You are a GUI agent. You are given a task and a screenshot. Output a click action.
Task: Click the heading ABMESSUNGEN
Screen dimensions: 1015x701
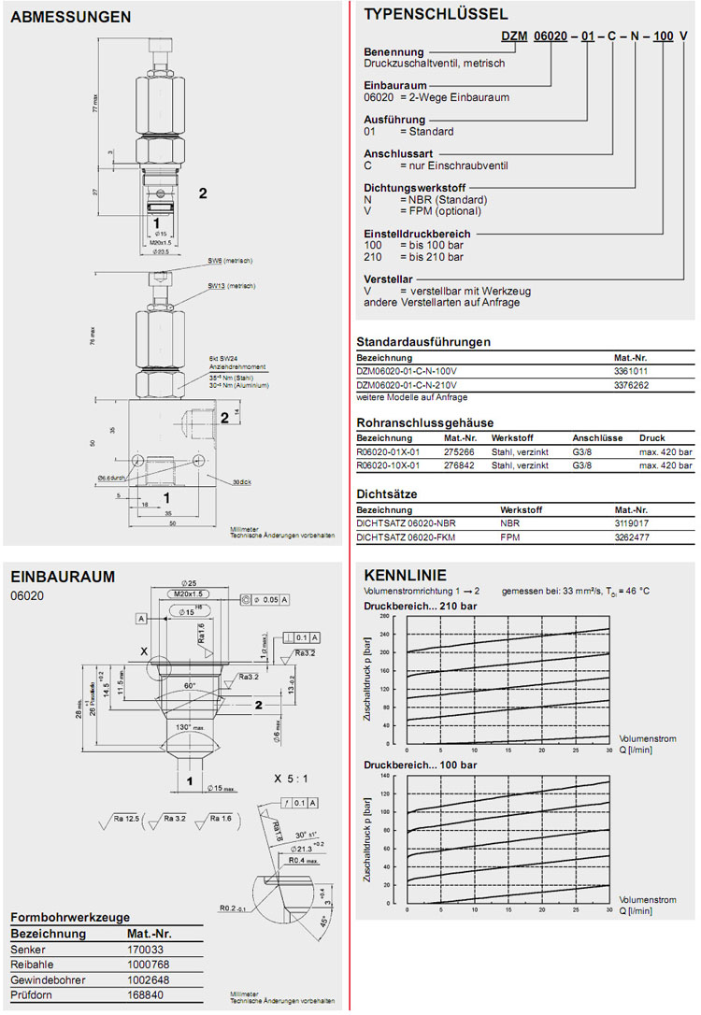(71, 17)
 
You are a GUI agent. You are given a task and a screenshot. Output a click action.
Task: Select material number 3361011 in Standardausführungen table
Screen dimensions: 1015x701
(632, 371)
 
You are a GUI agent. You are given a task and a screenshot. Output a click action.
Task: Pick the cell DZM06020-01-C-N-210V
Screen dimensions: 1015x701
(414, 384)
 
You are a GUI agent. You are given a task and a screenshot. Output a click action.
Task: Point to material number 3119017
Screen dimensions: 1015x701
(632, 524)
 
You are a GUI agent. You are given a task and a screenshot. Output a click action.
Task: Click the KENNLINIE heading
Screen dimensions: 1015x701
(405, 575)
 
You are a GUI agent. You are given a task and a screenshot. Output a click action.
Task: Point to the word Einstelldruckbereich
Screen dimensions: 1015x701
(416, 234)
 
